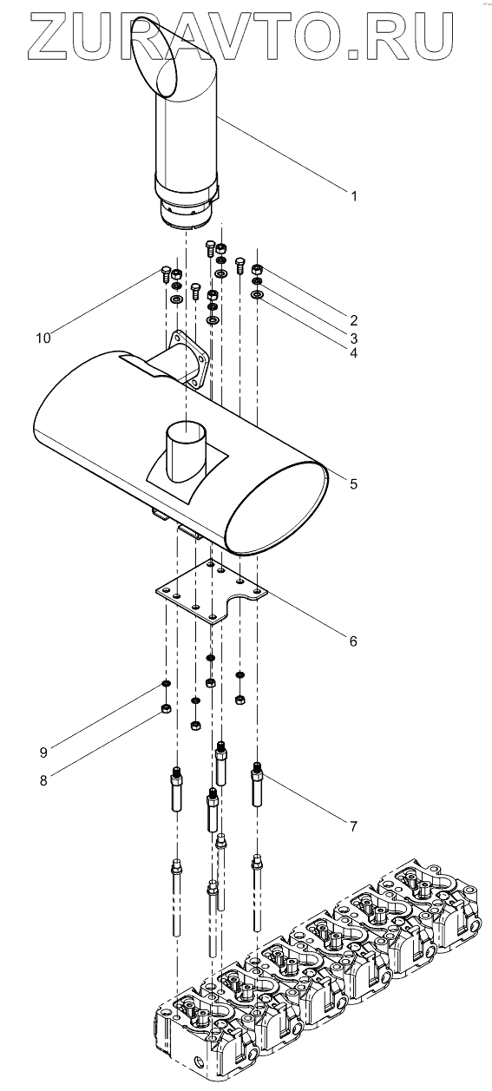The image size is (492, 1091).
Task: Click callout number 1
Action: click(354, 196)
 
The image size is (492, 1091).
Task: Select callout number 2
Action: click(354, 320)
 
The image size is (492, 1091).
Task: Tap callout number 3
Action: click(354, 338)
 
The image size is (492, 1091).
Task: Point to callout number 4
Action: click(354, 353)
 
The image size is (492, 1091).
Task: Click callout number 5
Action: click(354, 483)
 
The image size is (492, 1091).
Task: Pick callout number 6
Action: click(354, 641)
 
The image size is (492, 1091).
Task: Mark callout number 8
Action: click(43, 780)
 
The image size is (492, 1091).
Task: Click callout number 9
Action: click(43, 753)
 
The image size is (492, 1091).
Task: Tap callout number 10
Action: click(43, 338)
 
